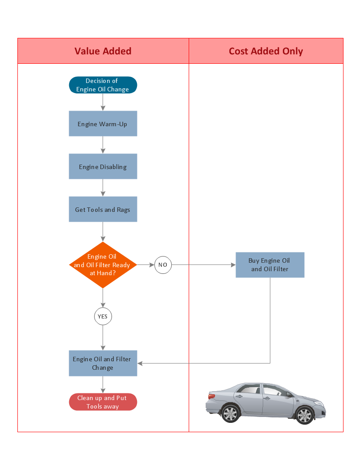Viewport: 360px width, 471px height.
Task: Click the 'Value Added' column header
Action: click(103, 51)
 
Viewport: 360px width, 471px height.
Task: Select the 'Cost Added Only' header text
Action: click(266, 51)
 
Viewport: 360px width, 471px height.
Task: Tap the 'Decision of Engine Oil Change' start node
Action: click(103, 85)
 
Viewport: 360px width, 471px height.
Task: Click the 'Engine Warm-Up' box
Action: click(103, 124)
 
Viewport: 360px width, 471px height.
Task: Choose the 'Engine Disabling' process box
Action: click(103, 167)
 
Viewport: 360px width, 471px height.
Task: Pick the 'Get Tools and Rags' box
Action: click(103, 210)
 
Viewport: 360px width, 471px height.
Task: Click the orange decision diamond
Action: click(103, 265)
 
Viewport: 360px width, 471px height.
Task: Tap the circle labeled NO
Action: click(163, 265)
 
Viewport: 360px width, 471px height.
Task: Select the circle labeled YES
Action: click(103, 317)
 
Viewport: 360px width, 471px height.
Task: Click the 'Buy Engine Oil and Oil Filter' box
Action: click(270, 265)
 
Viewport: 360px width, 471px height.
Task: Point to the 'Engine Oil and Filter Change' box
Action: click(103, 363)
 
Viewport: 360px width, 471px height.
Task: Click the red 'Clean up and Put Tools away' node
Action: click(103, 402)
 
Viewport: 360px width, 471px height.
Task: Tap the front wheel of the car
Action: click(305, 415)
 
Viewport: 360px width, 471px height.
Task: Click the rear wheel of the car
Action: click(231, 413)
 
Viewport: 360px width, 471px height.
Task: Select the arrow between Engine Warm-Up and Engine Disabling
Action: click(103, 145)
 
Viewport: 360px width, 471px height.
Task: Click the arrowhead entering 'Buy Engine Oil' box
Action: click(233, 265)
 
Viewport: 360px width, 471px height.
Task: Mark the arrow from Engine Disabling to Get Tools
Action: click(103, 188)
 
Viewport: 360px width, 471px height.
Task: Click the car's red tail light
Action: click(211, 395)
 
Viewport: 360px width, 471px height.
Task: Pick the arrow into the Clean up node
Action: click(103, 385)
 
